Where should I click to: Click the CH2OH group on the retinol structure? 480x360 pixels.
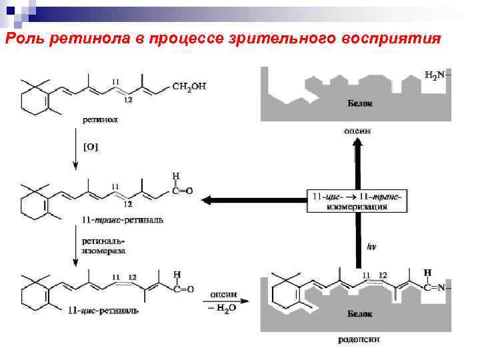click(189, 86)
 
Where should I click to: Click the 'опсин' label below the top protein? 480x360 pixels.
click(357, 131)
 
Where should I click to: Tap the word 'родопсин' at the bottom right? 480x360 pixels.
click(359, 339)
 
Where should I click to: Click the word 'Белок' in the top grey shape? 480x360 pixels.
click(360, 104)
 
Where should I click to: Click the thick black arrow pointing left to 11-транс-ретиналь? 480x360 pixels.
click(253, 199)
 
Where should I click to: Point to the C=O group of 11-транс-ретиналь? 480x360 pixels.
click(181, 191)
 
